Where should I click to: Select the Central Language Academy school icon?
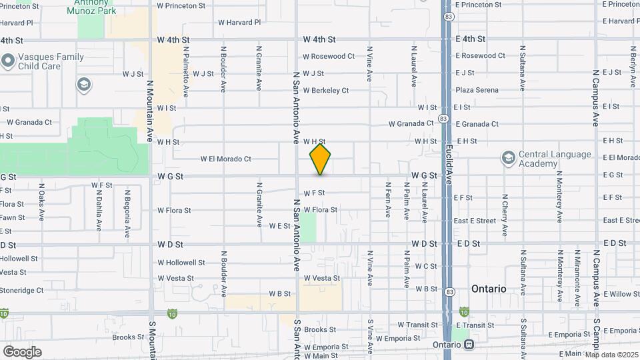click(x=509, y=158)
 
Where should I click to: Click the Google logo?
click(x=22, y=351)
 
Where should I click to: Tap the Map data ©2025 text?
click(x=612, y=355)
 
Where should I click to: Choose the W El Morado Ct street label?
click(x=225, y=159)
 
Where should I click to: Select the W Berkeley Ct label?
click(x=325, y=90)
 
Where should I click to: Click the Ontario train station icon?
click(x=469, y=345)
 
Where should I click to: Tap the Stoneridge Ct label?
click(x=21, y=290)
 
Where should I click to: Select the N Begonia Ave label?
click(x=127, y=213)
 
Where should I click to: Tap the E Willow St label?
click(x=621, y=294)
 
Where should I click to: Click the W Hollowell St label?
click(x=181, y=262)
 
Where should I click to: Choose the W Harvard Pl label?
click(x=239, y=22)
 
